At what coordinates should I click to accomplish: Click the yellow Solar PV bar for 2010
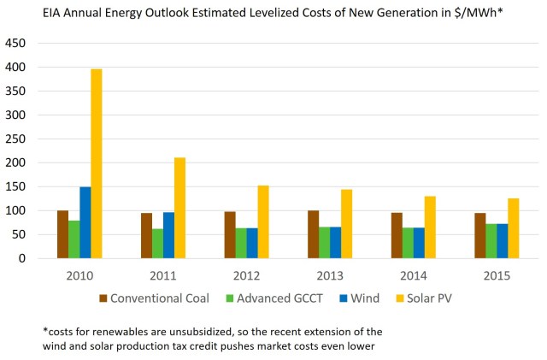pos(97,163)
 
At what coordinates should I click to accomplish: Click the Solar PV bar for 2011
pos(179,208)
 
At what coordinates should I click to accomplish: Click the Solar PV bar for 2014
pos(430,227)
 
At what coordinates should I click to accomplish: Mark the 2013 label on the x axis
pos(330,276)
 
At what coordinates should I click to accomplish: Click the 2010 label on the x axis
pos(79,276)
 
